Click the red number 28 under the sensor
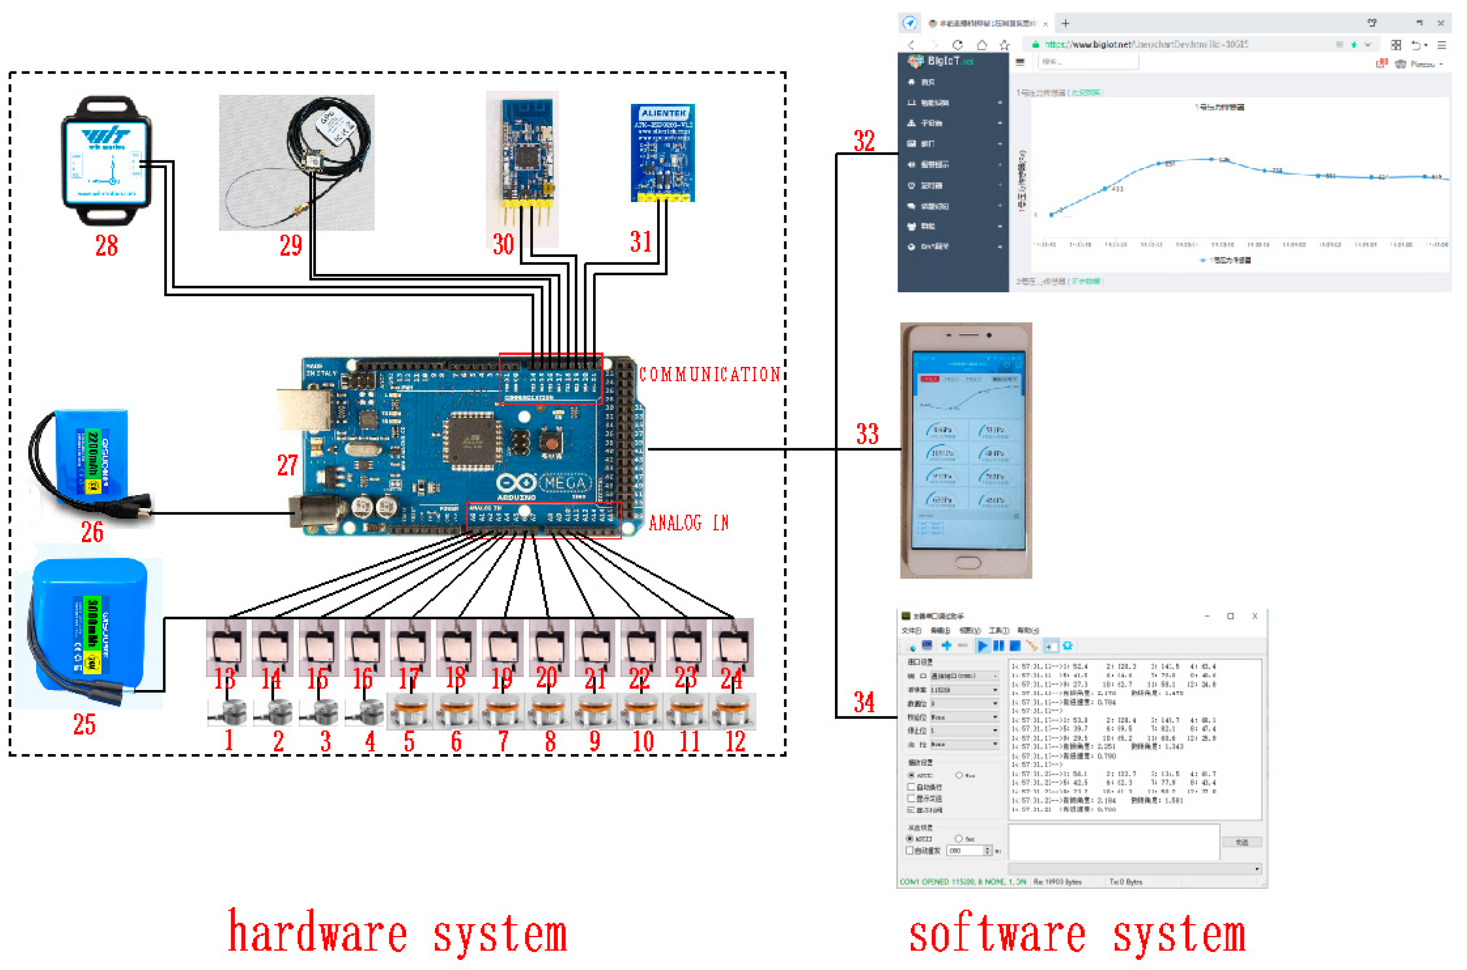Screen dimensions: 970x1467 point(106,246)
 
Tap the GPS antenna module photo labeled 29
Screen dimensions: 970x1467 point(297,162)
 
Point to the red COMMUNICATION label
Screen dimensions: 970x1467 point(709,374)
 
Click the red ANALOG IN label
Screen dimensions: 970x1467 point(688,524)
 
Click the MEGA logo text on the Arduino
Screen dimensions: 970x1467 point(566,483)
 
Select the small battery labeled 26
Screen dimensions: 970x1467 point(86,461)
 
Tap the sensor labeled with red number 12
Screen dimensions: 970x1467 point(734,711)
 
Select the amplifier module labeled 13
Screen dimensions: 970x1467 point(226,647)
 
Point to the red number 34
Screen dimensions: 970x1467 point(864,702)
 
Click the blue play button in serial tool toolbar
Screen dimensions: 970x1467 point(982,646)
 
